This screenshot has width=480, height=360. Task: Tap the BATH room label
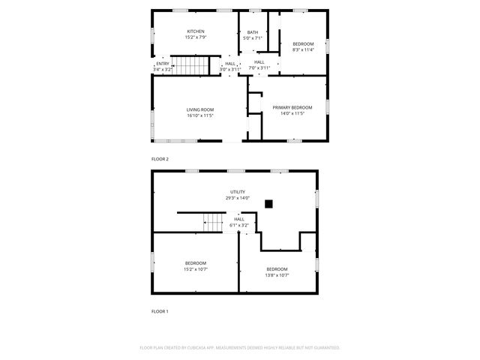253,32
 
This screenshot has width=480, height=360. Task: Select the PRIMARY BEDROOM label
292,108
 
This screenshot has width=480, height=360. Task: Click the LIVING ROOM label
200,110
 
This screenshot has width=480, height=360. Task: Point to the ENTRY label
162,64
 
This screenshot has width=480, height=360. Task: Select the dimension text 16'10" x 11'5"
200,115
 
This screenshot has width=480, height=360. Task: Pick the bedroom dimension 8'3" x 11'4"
303,49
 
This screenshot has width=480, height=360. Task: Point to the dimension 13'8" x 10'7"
277,275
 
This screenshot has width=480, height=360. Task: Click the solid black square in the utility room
268,202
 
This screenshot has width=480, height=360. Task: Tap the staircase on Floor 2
188,65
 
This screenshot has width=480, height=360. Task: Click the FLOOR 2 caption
160,159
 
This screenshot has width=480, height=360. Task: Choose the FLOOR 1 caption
160,310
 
